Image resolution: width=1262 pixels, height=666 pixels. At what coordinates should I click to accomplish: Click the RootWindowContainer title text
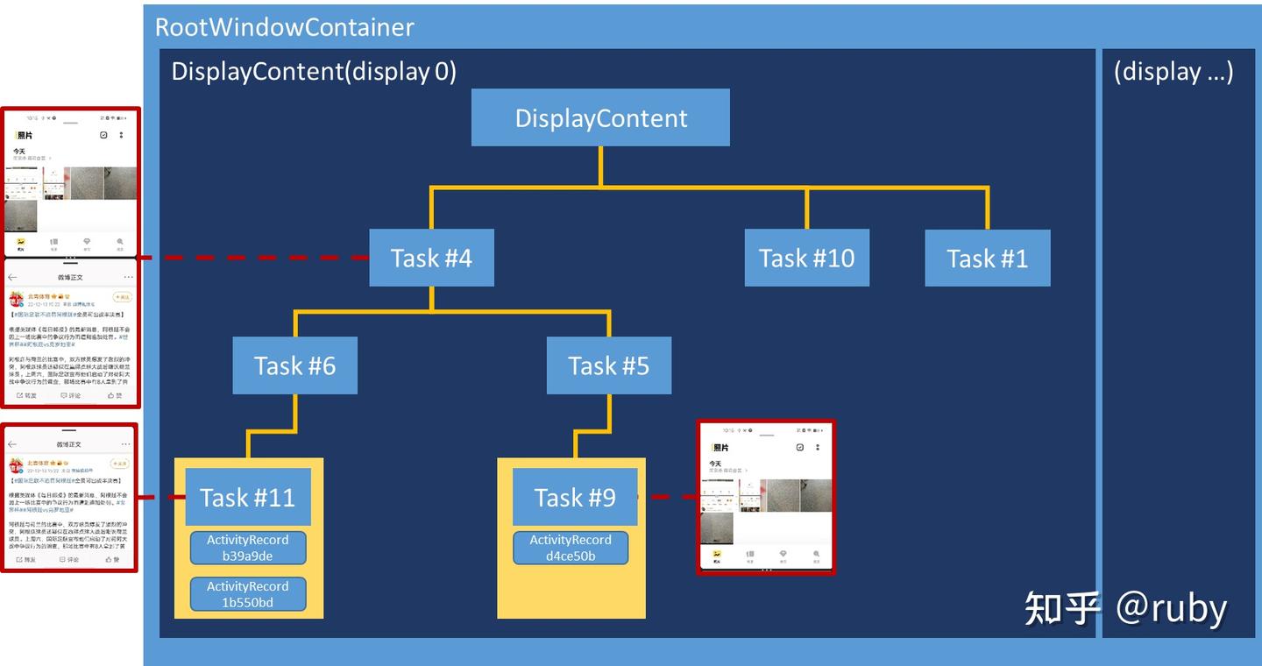284,27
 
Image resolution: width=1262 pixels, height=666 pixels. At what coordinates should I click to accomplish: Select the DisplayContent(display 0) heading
314,71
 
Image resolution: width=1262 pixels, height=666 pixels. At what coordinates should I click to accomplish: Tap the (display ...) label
1173,71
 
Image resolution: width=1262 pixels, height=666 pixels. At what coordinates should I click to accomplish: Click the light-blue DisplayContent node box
600,117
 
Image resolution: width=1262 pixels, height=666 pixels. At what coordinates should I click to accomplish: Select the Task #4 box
431,258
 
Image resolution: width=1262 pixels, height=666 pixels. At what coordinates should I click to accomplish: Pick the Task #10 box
806,258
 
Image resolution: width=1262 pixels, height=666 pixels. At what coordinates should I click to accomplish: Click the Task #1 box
987,258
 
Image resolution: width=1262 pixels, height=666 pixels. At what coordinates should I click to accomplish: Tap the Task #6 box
294,365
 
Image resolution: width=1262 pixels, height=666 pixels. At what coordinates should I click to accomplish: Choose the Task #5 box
608,365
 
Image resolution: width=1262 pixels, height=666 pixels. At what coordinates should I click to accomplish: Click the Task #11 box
247,497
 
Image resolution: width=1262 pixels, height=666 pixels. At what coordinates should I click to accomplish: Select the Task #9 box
575,497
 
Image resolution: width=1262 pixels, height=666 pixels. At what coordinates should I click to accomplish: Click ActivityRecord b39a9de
248,548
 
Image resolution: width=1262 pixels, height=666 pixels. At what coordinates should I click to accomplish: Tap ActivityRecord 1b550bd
248,594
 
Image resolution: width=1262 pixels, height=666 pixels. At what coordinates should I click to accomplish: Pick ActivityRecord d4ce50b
571,548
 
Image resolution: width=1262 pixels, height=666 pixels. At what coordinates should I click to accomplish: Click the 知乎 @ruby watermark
1125,607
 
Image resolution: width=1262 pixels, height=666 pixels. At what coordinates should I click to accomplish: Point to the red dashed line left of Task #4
254,258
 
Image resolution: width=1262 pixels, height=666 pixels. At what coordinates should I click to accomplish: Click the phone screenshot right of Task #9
766,497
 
